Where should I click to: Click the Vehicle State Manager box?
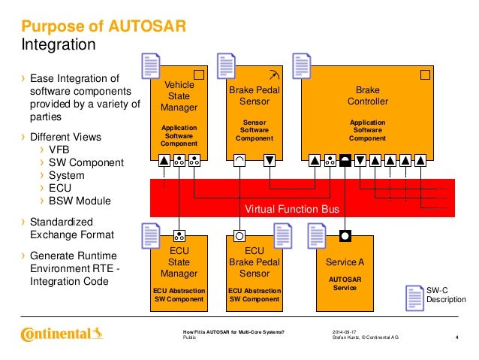coord(179,113)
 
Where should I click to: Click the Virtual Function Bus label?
coord(292,208)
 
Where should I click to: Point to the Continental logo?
coord(60,333)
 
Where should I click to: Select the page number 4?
coord(457,336)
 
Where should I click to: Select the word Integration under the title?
coord(58,45)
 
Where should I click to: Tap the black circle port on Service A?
coord(345,234)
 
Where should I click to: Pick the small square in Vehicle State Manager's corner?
coord(200,74)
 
